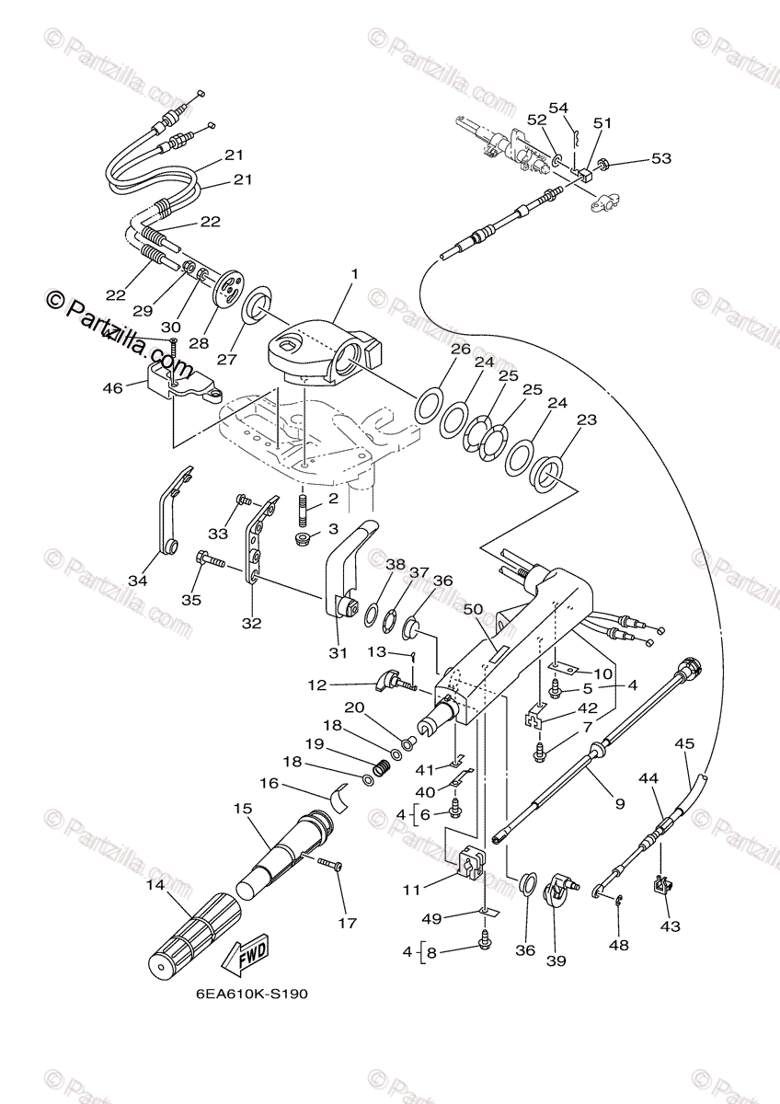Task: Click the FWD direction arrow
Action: coord(245,959)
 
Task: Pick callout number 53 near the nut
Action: coord(660,159)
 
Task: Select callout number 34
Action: coord(137,581)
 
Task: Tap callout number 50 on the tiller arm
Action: coord(473,610)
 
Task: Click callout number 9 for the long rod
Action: coord(619,803)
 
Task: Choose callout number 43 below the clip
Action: coord(670,926)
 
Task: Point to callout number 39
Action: coord(556,961)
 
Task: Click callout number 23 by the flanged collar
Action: coord(586,420)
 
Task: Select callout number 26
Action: coord(460,350)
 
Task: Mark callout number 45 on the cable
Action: coord(684,743)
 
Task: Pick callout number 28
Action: coord(200,342)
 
